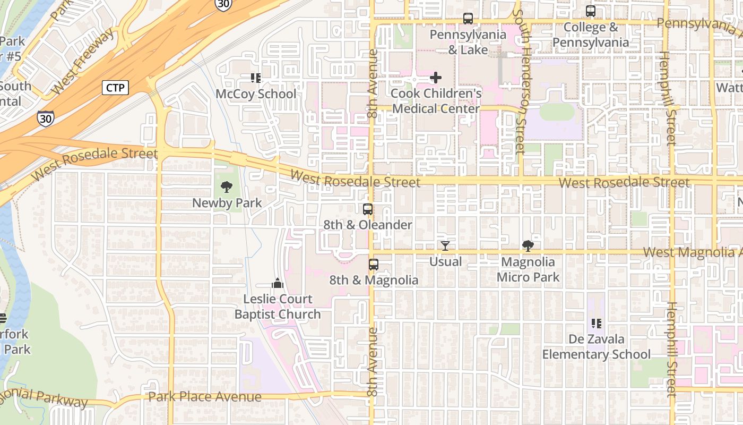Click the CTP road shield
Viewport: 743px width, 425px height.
point(115,88)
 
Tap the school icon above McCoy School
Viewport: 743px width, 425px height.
point(255,78)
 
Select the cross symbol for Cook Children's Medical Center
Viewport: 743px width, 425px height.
point(435,78)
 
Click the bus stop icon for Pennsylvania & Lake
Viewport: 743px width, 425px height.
point(468,19)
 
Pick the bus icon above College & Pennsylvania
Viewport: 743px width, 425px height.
point(590,11)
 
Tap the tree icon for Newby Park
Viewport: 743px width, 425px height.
point(227,186)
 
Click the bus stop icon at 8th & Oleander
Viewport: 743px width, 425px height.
point(367,209)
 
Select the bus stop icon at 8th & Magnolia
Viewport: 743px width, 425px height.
point(374,264)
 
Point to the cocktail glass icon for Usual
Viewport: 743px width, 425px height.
point(445,246)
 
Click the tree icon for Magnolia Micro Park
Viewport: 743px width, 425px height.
point(528,246)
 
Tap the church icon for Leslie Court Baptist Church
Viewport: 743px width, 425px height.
point(278,283)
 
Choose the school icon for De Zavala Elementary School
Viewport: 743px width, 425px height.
point(596,323)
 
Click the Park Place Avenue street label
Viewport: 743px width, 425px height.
point(204,397)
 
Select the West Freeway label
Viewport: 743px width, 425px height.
point(83,62)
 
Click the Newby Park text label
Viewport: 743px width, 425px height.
point(227,203)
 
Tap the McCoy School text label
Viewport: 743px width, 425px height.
point(256,94)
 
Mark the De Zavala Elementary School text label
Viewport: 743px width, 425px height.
point(596,346)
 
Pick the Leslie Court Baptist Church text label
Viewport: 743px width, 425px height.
point(278,307)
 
